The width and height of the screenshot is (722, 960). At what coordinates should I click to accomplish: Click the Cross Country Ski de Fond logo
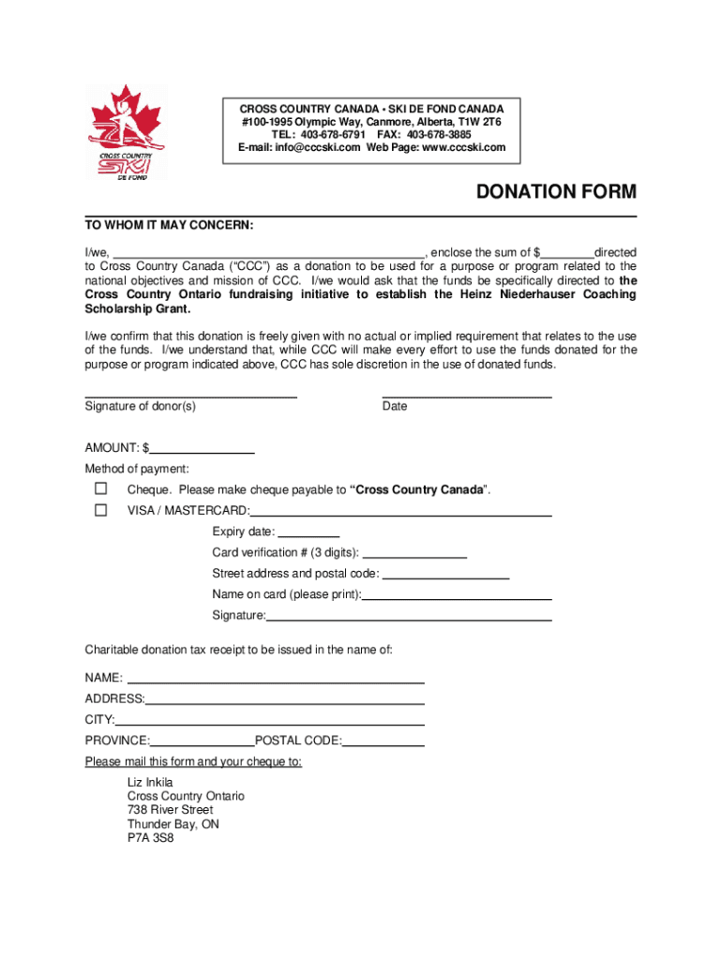127,134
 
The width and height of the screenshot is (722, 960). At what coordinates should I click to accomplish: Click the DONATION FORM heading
556,192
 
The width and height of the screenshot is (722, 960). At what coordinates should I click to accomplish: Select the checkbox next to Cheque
100,489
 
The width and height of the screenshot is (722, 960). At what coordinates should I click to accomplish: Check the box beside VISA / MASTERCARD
100,510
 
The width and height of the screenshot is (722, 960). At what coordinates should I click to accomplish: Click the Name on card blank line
457,595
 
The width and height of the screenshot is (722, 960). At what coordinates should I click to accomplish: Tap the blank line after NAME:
276,678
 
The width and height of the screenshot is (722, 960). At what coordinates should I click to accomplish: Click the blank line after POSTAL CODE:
384,741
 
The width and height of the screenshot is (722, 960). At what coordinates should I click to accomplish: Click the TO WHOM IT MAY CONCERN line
170,226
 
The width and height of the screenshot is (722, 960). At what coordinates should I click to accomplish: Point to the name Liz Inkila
150,782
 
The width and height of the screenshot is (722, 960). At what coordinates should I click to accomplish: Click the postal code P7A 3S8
151,839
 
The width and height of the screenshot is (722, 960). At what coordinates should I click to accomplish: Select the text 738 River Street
171,810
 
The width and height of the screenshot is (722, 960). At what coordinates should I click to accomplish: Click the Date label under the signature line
395,407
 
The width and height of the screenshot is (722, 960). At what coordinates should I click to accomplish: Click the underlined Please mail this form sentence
193,762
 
